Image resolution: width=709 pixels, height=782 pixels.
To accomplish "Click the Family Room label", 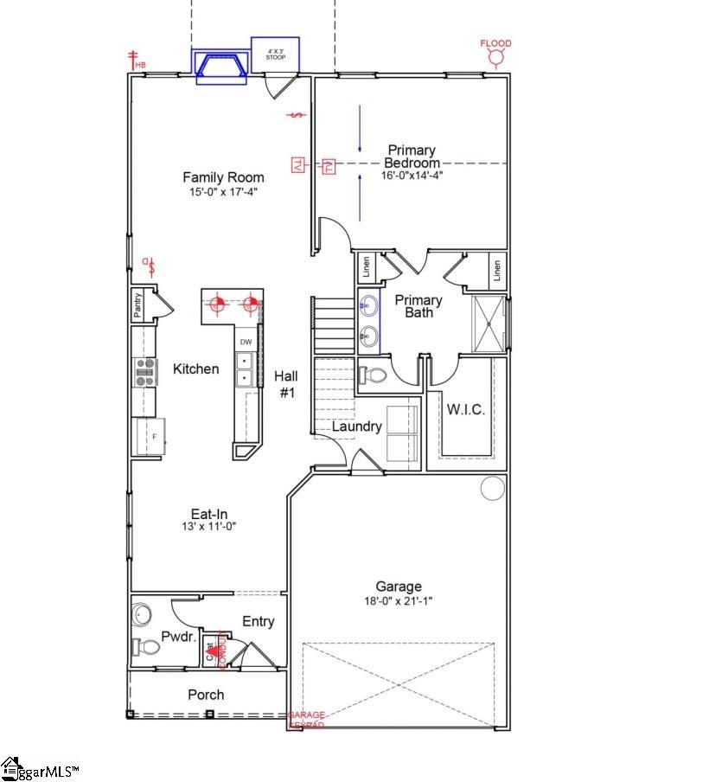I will pyautogui.click(x=223, y=177).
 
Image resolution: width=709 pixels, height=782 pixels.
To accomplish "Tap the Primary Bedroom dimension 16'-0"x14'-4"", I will pyautogui.click(x=412, y=176).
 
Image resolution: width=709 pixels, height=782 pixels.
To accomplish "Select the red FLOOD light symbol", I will pyautogui.click(x=496, y=58).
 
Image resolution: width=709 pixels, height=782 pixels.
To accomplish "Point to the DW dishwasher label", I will pyautogui.click(x=246, y=343).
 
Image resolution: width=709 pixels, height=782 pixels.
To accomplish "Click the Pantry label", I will pyautogui.click(x=137, y=306).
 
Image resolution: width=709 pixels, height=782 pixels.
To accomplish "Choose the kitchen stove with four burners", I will pyautogui.click(x=144, y=371).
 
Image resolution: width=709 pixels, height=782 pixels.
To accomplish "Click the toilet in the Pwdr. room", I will pyautogui.click(x=148, y=647).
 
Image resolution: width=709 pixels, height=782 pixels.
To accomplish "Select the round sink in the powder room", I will pyautogui.click(x=142, y=615).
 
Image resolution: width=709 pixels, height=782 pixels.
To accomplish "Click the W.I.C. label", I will pyautogui.click(x=465, y=409).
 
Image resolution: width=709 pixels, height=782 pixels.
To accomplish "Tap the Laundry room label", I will pyautogui.click(x=357, y=426).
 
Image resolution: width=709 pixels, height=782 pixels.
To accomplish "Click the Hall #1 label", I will pyautogui.click(x=286, y=384).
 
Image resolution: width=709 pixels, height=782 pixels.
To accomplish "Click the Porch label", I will pyautogui.click(x=206, y=695).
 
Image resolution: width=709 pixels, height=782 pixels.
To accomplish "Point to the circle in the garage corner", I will pyautogui.click(x=492, y=488).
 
